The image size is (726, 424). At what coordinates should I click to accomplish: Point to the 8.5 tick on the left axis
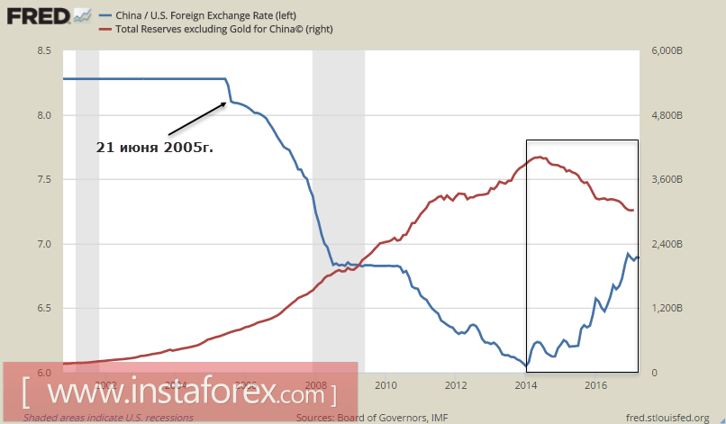[x=44, y=51]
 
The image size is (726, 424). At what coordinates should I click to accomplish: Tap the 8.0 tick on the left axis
[x=44, y=116]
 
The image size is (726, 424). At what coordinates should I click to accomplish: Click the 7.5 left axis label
[x=44, y=180]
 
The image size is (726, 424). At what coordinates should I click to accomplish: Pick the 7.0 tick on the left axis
[x=44, y=245]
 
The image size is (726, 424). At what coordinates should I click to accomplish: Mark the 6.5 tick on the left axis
[x=44, y=309]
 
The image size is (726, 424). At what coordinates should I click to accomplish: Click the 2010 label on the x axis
[x=386, y=386]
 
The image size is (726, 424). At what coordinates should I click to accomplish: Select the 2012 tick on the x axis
[x=456, y=386]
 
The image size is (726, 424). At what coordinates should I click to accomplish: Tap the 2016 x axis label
[x=595, y=386]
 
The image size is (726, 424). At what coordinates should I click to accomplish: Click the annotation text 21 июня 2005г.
[x=154, y=147]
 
